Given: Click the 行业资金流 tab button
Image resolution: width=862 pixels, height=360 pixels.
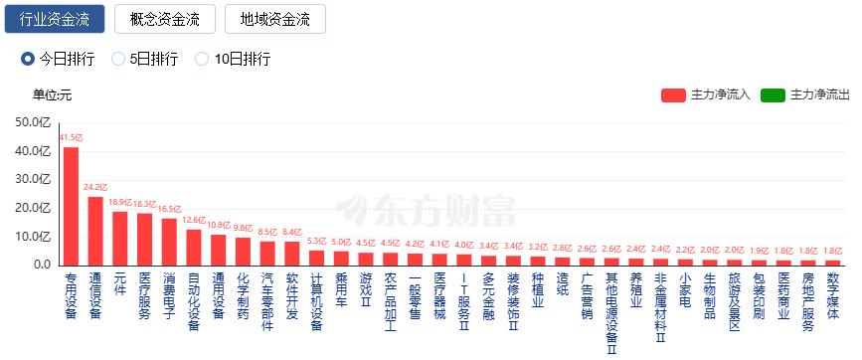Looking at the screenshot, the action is (x=55, y=19).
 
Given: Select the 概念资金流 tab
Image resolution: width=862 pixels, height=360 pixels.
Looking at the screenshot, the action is (x=165, y=19).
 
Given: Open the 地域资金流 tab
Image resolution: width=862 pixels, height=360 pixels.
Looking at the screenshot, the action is (x=274, y=19).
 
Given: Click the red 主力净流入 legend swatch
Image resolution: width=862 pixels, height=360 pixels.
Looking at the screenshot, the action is (x=673, y=95).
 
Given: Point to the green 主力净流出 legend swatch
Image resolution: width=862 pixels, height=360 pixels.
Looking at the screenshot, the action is (x=773, y=95).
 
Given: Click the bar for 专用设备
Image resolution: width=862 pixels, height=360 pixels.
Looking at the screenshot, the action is (x=71, y=206).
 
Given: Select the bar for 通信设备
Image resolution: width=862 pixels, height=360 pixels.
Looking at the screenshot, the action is (x=95, y=231).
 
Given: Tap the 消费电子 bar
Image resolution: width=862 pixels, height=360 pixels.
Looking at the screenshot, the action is (x=169, y=242).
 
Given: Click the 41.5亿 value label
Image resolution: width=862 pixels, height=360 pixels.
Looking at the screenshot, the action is (x=72, y=138).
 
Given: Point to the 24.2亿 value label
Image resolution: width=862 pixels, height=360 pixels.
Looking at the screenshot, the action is (x=95, y=187).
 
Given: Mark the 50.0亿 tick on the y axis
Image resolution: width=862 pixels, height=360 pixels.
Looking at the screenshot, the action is (x=33, y=122).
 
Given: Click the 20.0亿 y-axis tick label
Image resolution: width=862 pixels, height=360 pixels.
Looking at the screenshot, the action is (x=33, y=208).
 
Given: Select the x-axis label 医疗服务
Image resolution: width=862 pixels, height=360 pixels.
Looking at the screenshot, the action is (x=144, y=295).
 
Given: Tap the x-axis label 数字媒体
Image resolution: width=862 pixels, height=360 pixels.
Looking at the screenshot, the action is (x=833, y=295).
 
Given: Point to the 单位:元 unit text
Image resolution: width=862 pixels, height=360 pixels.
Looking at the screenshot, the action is (x=53, y=95).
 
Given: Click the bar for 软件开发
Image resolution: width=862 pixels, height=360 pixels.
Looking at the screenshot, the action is (x=292, y=254).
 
